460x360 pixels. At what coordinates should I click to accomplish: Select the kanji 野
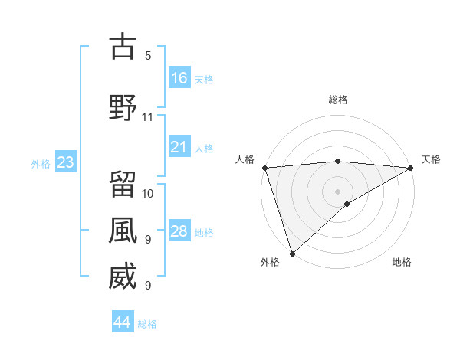click(123, 107)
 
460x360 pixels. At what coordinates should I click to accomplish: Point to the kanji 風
click(123, 231)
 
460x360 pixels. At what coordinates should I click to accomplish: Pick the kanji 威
click(123, 277)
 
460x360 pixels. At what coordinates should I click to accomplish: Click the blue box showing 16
click(179, 77)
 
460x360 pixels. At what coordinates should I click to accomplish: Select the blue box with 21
click(179, 146)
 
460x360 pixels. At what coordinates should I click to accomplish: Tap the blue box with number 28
click(179, 231)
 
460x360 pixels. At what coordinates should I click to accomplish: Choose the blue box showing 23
click(65, 162)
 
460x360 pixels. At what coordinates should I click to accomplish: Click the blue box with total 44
click(123, 322)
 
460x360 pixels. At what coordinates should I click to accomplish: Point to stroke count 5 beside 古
click(148, 56)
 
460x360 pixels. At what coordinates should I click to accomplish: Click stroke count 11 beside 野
click(148, 117)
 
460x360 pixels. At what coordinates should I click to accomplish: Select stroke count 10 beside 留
click(148, 193)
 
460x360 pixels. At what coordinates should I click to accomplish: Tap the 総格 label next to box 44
click(147, 324)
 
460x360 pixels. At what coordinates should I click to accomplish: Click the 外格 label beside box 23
click(40, 163)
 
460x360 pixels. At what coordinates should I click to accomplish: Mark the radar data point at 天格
click(411, 168)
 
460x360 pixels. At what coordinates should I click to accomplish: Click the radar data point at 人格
click(264, 168)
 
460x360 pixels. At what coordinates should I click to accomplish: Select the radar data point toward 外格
click(292, 253)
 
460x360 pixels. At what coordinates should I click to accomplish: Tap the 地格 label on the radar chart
click(402, 263)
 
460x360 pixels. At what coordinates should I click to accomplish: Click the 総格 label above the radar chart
click(338, 100)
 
